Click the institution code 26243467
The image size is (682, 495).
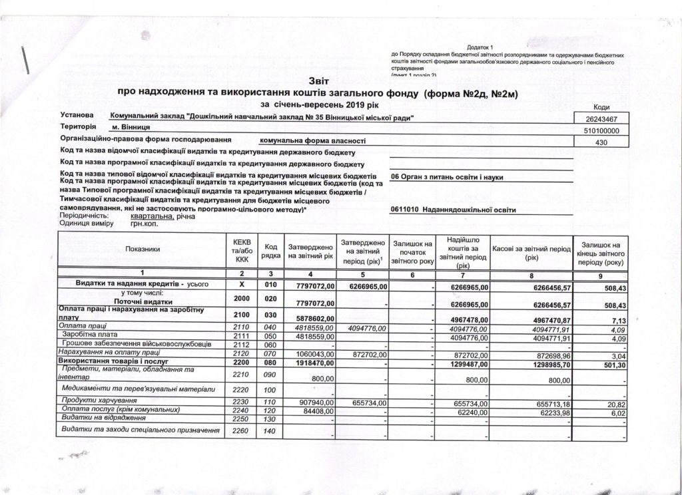pyautogui.click(x=599, y=120)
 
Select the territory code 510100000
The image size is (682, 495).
pyautogui.click(x=601, y=131)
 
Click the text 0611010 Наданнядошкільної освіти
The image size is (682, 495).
pyautogui.click(x=454, y=210)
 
